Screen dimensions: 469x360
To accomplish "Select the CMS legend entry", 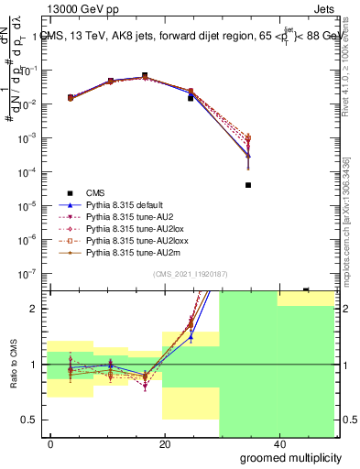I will point(95,192).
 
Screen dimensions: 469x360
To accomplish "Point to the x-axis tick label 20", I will point(164,444).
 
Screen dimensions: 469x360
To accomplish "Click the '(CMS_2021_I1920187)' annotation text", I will point(191,273).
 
